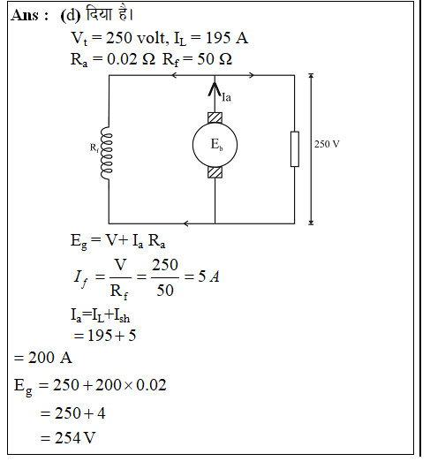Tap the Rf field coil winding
pos(107,153)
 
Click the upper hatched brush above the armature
pos(215,117)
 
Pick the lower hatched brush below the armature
pos(215,172)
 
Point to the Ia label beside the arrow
pos(226,97)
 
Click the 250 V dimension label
pos(327,144)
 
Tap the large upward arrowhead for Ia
pos(215,89)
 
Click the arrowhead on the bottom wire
pos(185,223)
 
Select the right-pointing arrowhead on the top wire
pos(252,75)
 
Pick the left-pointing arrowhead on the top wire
pos(174,75)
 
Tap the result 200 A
pos(50,358)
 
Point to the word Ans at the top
pos(25,15)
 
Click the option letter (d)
pos(71,15)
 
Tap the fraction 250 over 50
pos(165,277)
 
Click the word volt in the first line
pos(151,38)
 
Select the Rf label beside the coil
pos(94,148)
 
